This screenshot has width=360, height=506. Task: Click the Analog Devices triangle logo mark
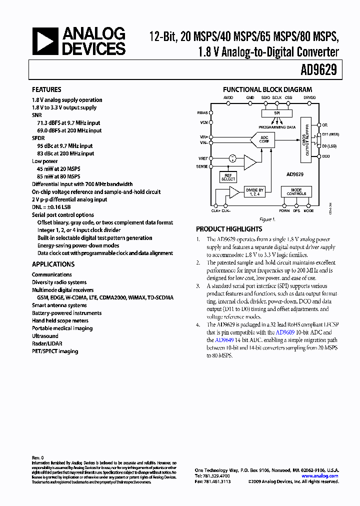[x=45, y=41]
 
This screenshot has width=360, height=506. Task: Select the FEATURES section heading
[x=46, y=89]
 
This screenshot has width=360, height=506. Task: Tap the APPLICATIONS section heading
[x=53, y=264]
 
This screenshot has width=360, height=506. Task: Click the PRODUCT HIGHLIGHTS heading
[x=228, y=228]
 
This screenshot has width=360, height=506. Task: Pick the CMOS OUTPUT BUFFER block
[x=308, y=140]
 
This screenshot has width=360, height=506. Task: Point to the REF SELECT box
[x=228, y=177]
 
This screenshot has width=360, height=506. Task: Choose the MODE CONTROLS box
[x=296, y=191]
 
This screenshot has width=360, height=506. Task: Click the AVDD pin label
[x=228, y=97]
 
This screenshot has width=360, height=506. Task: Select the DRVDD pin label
[x=309, y=97]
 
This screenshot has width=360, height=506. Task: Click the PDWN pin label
[x=284, y=210]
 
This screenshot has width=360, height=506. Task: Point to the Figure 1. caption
[x=267, y=219]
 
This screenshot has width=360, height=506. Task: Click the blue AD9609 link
[x=284, y=332]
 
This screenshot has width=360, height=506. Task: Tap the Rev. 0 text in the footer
[x=38, y=457]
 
